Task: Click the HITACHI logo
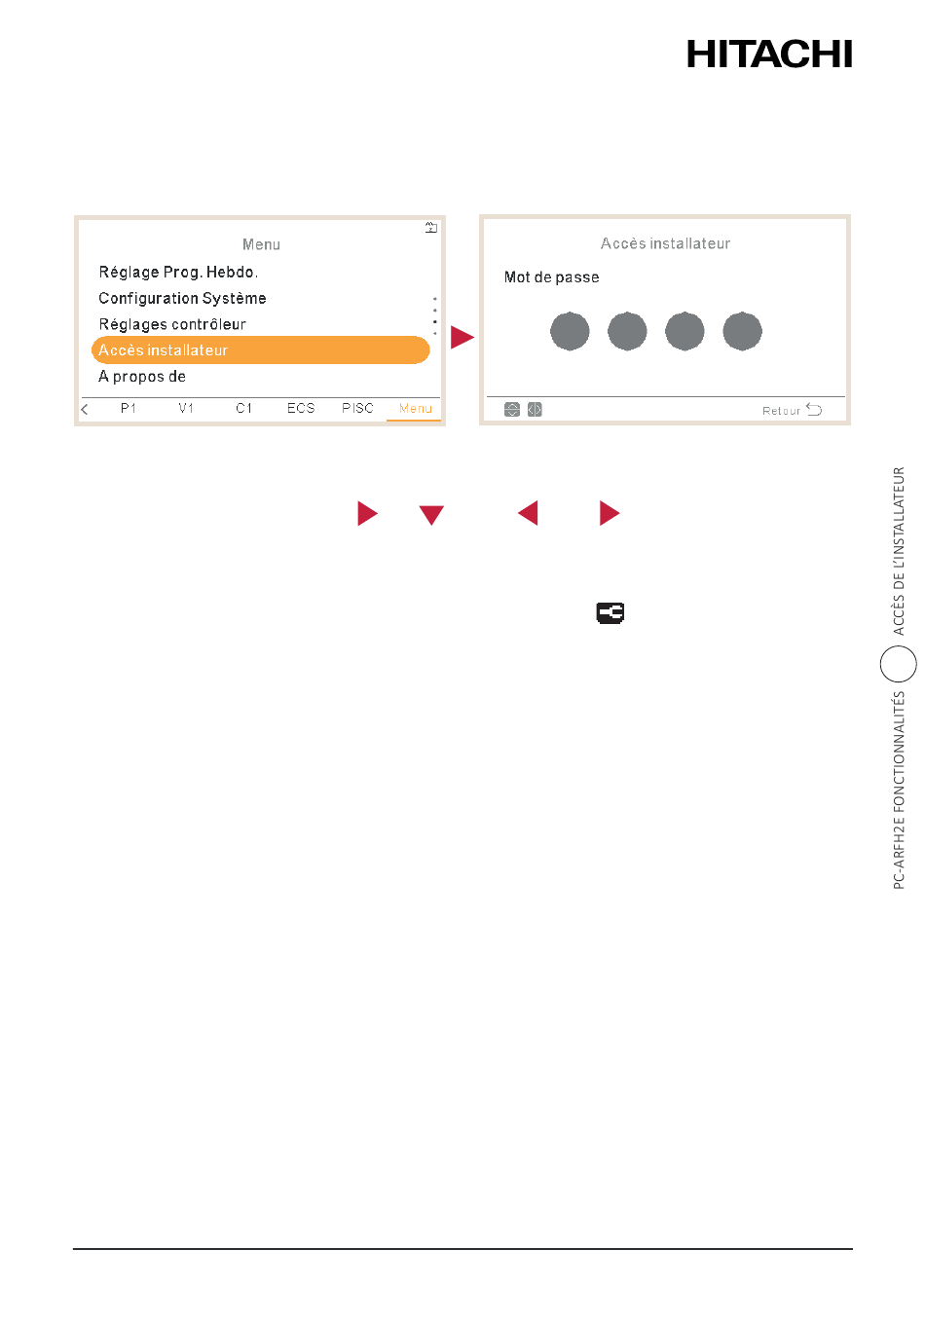point(768,54)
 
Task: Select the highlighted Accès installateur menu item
point(260,349)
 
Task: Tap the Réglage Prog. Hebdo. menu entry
point(178,273)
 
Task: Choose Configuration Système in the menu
point(182,298)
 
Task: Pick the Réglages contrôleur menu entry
point(172,324)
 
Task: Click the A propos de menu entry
point(142,377)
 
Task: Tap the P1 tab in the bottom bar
point(129,409)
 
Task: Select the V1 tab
point(186,409)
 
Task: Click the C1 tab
point(243,409)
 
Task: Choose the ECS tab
point(301,409)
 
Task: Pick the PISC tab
point(357,409)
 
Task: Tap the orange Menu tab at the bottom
point(415,409)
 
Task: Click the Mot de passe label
point(551,277)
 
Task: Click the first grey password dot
point(570,331)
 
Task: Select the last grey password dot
point(742,331)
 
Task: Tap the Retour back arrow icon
point(814,410)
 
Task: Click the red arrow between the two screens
point(462,337)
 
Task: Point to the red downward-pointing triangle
point(431,515)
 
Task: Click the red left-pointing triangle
point(528,512)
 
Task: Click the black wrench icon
point(610,613)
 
